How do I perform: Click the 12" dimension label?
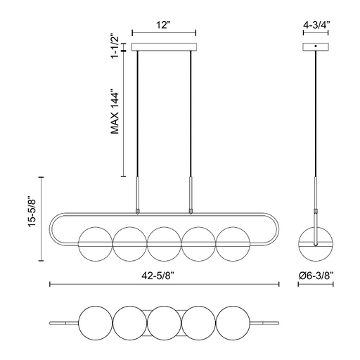click(x=163, y=25)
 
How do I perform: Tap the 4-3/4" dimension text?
click(x=316, y=25)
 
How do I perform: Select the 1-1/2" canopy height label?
click(x=115, y=48)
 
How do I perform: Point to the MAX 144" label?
click(x=115, y=111)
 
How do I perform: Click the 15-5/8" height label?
click(x=32, y=211)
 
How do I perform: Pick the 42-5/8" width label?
click(x=158, y=276)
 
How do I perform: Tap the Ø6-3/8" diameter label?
click(x=316, y=276)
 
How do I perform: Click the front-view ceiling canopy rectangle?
click(x=164, y=47)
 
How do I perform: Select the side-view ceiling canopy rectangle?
click(x=316, y=47)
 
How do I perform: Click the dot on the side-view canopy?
click(x=316, y=46)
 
